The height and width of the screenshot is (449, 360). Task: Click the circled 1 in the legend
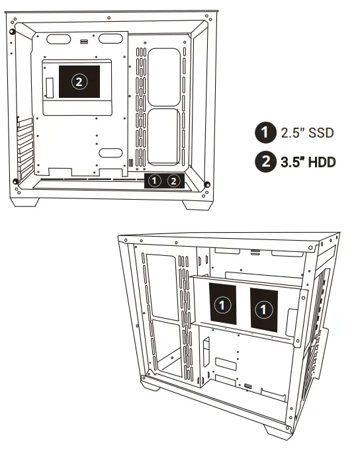(x=265, y=132)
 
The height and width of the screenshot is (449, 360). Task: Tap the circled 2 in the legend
(x=265, y=161)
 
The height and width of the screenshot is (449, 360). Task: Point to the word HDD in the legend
(x=319, y=161)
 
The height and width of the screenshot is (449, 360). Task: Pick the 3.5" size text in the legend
(x=290, y=161)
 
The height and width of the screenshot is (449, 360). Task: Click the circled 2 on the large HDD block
(x=79, y=82)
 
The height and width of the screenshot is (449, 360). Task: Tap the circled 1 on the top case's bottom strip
(x=154, y=180)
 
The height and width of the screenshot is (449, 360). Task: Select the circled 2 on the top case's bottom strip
(x=173, y=180)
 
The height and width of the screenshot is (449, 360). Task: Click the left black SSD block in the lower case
(x=224, y=306)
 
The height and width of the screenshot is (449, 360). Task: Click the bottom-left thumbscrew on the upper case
(x=15, y=183)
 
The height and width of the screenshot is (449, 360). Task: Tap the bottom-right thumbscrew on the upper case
(x=207, y=184)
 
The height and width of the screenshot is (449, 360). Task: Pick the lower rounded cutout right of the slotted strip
(x=163, y=136)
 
